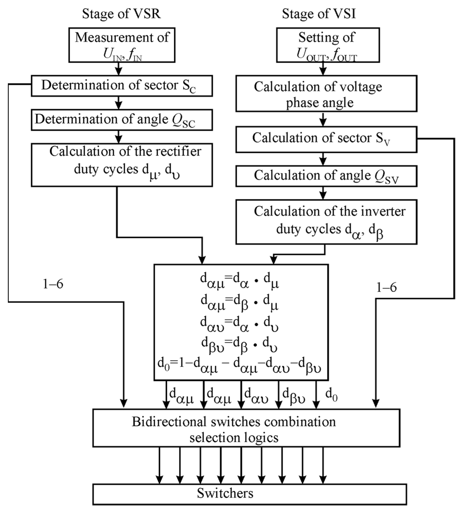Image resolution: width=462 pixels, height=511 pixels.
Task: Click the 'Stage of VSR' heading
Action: [x=121, y=14]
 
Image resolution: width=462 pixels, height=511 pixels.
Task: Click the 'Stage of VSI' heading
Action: [x=319, y=14]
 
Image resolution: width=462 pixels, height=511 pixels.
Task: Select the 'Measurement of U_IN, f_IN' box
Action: [x=122, y=45]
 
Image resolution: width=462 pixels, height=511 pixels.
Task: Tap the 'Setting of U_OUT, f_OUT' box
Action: [x=328, y=45]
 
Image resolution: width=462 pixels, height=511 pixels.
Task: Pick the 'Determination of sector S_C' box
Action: [x=122, y=86]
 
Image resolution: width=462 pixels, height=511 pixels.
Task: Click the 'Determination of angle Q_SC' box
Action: [x=122, y=120]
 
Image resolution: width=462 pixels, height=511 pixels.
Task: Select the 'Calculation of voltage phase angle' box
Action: [x=326, y=94]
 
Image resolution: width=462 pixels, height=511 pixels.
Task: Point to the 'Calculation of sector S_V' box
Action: [x=326, y=139]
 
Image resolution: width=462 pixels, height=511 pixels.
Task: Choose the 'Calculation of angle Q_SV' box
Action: [x=326, y=176]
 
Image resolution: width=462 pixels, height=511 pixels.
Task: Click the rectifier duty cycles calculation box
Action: [x=122, y=165]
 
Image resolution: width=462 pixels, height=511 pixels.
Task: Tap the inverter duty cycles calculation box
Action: [x=326, y=222]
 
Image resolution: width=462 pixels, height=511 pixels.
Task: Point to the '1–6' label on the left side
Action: [x=53, y=284]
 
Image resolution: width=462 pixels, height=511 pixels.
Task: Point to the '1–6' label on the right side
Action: [x=386, y=287]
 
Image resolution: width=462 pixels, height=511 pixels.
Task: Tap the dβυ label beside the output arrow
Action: [x=294, y=395]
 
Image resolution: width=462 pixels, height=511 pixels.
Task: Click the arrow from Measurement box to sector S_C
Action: [x=118, y=69]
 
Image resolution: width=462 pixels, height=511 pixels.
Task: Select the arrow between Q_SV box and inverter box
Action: [x=322, y=193]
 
